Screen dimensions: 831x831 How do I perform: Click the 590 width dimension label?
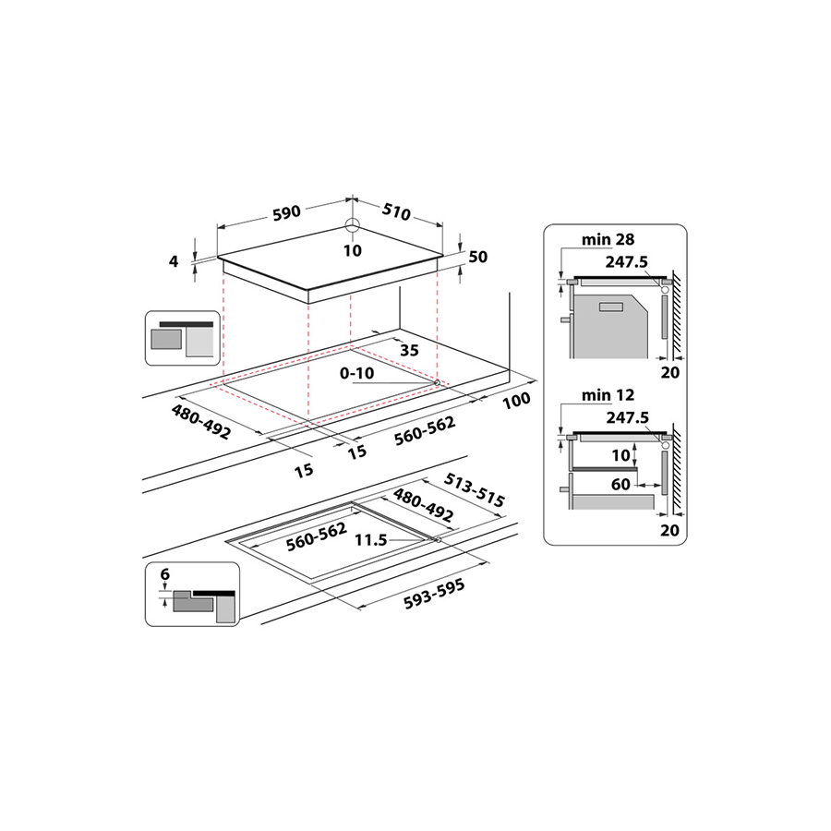point(286,212)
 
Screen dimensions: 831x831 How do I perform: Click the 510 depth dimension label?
point(395,213)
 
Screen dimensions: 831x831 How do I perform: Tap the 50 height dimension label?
point(477,257)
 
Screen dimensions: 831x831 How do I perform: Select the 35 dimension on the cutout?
point(410,349)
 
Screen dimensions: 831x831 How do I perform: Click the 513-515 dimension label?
point(474,490)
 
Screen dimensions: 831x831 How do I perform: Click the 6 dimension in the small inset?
point(165,574)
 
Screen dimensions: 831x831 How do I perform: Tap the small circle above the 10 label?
point(353,225)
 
